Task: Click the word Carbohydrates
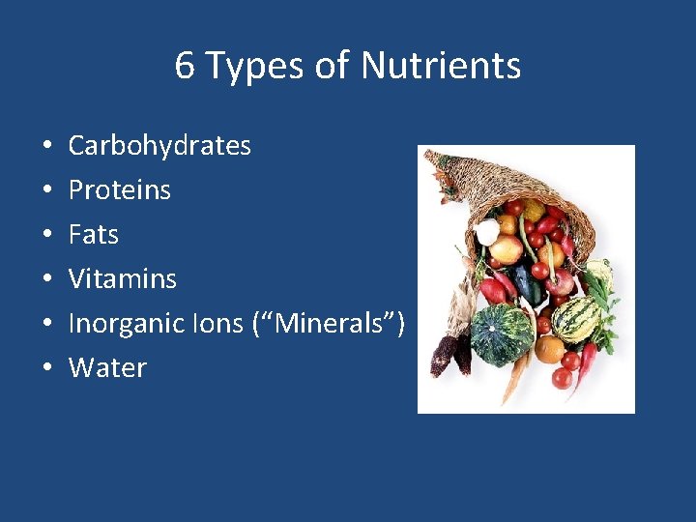click(x=159, y=146)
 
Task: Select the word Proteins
click(x=119, y=190)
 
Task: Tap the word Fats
click(x=93, y=235)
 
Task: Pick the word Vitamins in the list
click(x=122, y=279)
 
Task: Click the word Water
click(x=106, y=368)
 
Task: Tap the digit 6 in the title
click(x=185, y=67)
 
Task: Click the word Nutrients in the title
click(x=441, y=67)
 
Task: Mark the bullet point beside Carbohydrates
click(x=47, y=147)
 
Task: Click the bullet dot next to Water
click(x=47, y=369)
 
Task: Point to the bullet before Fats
click(x=47, y=236)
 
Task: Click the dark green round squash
click(x=502, y=333)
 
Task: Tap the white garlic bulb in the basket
click(x=488, y=232)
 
